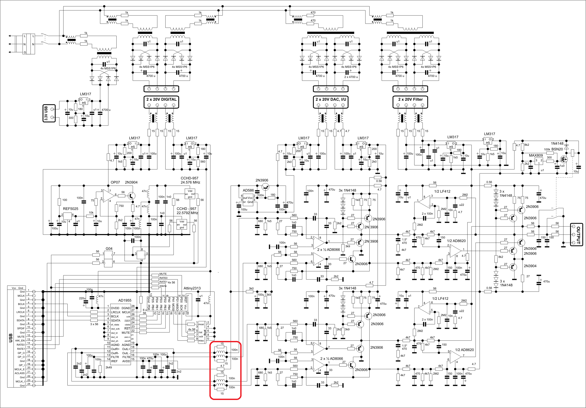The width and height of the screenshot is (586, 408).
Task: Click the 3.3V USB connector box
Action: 49,113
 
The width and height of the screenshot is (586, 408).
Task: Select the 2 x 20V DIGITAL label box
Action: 161,102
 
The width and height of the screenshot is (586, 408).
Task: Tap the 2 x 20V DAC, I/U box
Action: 330,102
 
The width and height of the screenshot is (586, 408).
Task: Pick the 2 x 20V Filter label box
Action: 410,102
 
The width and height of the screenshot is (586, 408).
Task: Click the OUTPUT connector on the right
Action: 576,235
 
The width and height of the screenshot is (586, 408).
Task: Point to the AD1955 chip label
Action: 125,300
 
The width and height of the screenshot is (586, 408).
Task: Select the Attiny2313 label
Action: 192,288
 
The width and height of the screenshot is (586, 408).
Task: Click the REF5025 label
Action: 70,209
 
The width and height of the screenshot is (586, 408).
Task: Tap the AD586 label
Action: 248,190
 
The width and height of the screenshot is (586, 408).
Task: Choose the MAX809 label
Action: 536,155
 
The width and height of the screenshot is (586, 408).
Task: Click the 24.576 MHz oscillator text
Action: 190,182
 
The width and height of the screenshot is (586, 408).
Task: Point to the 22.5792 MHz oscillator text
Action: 187,213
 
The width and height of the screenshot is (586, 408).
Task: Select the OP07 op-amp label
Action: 115,182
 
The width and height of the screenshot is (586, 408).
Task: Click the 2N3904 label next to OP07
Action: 131,182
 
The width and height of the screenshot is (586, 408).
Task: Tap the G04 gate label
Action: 109,249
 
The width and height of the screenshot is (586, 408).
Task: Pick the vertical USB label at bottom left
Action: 11,338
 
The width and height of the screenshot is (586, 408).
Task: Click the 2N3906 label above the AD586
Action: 262,180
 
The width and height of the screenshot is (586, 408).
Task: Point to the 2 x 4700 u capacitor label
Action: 351,77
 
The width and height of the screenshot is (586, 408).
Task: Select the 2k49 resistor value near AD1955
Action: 109,367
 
